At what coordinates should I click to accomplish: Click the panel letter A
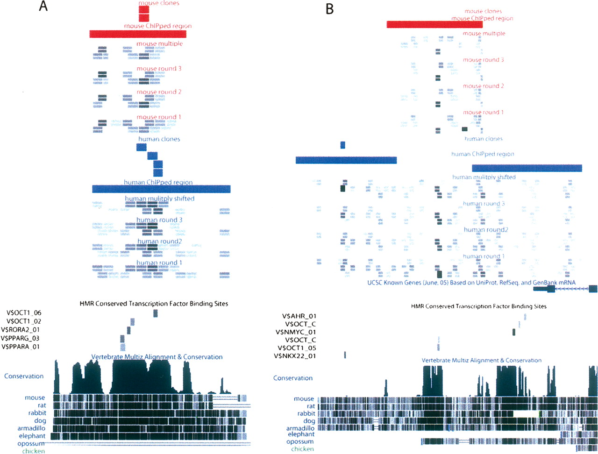pyautogui.click(x=43, y=7)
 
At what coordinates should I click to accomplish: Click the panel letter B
pyautogui.click(x=330, y=9)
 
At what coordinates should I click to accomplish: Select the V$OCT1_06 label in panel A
pyautogui.click(x=24, y=313)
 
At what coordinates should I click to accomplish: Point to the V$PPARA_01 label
pyautogui.click(x=21, y=347)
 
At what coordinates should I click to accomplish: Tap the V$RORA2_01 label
pyautogui.click(x=22, y=330)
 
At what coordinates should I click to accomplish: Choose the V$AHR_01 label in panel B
pyautogui.click(x=299, y=316)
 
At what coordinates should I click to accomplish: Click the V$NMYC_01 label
pyautogui.click(x=296, y=332)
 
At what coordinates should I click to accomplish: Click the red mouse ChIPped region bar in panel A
pyautogui.click(x=138, y=34)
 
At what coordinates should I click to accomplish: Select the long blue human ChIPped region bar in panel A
pyautogui.click(x=161, y=189)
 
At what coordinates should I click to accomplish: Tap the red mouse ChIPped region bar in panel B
pyautogui.click(x=434, y=24)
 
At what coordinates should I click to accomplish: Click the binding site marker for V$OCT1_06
pyautogui.click(x=156, y=313)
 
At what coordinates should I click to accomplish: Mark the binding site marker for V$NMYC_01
pyautogui.click(x=514, y=332)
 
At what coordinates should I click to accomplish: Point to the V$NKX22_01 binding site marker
pyautogui.click(x=345, y=355)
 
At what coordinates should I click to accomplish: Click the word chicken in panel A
pyautogui.click(x=34, y=451)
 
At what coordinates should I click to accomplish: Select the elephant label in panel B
pyautogui.click(x=301, y=434)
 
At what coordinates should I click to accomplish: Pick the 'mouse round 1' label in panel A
pyautogui.click(x=159, y=117)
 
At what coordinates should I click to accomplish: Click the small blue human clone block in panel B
pyautogui.click(x=342, y=145)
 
